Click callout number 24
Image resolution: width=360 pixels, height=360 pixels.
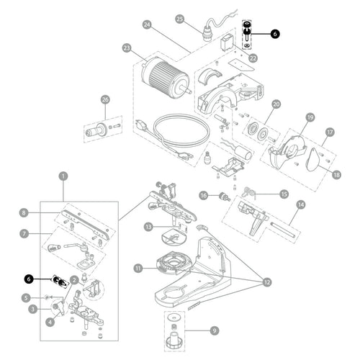point(147,25)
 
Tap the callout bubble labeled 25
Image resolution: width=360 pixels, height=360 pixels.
point(180,19)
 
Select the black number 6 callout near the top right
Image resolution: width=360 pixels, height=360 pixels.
point(275,34)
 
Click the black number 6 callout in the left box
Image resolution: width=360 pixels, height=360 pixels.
point(29,279)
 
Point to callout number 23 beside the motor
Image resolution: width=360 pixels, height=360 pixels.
point(127,48)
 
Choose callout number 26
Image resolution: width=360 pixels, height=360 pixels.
point(105,100)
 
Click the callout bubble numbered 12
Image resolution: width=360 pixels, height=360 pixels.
point(267,282)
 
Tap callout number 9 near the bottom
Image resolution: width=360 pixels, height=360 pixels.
point(215,330)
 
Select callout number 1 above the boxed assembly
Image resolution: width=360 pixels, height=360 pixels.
point(63,176)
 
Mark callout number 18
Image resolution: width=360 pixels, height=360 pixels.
point(336,174)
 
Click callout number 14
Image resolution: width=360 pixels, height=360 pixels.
point(301,204)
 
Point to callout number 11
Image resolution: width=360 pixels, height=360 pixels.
point(138,268)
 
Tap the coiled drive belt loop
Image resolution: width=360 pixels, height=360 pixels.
point(181,131)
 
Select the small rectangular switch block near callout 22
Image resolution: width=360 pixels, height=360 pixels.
point(226,42)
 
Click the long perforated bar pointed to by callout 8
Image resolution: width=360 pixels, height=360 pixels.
point(85,224)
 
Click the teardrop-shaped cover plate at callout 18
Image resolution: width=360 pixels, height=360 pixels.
point(313,160)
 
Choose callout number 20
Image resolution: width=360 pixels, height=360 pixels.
point(276,104)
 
